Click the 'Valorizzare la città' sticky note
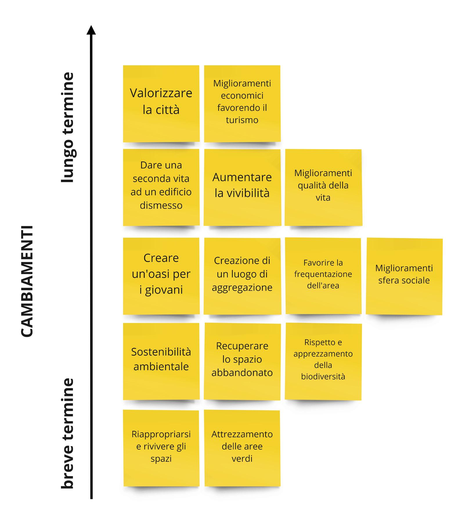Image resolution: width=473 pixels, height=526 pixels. (161, 103)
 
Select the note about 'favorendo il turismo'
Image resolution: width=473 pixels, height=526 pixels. (242, 103)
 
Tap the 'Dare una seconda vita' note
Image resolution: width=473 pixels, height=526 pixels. (161, 187)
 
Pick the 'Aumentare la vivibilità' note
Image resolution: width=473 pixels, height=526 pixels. (242, 187)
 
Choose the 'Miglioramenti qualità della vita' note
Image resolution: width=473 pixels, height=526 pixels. (323, 187)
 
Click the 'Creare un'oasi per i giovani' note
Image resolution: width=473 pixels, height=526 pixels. (161, 276)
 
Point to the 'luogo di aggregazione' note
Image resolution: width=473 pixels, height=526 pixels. (242, 276)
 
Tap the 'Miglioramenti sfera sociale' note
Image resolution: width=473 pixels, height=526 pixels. (404, 276)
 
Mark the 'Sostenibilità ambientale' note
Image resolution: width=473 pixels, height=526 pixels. (161, 361)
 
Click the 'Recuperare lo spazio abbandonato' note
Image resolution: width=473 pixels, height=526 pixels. (242, 361)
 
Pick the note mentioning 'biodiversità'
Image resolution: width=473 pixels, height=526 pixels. (323, 361)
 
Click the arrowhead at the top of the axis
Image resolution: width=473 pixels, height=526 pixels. (91, 30)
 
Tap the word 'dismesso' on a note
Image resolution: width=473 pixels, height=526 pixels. (161, 205)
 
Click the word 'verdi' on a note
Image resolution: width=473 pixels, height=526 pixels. (242, 458)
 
